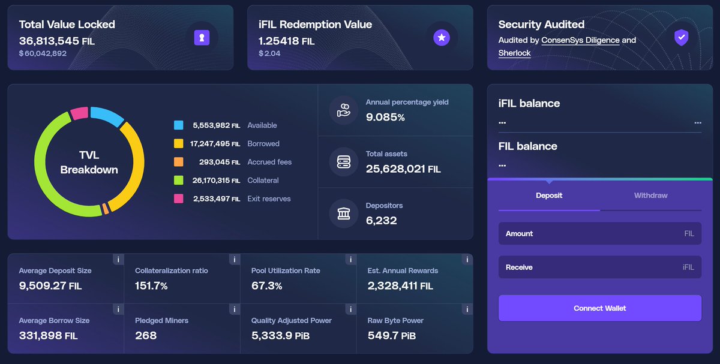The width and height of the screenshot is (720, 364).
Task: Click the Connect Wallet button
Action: click(599, 308)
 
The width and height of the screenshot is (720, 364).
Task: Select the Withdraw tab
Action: click(650, 195)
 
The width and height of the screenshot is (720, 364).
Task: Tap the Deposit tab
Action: click(549, 195)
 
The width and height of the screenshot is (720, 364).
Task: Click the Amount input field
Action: click(599, 234)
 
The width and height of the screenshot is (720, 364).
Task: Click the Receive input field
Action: click(599, 267)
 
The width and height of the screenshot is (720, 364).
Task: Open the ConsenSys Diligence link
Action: click(580, 40)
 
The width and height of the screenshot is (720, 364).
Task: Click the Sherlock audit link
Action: click(514, 53)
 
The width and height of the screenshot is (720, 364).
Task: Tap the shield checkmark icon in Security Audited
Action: click(680, 38)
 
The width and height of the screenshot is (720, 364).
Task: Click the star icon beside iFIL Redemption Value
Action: click(442, 38)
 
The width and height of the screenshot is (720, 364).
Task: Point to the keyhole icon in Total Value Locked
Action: click(202, 38)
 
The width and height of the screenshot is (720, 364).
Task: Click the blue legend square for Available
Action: click(179, 125)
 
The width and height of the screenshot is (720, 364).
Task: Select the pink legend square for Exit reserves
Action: click(179, 198)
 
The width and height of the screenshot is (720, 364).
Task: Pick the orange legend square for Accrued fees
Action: click(179, 162)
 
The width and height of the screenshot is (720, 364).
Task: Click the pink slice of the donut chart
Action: click(79, 113)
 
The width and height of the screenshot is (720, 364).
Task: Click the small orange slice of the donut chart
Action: click(106, 209)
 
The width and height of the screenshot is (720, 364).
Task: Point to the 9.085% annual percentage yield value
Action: click(385, 118)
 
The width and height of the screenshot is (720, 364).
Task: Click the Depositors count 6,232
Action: click(381, 220)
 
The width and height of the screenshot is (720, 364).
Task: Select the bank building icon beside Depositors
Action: click(344, 213)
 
